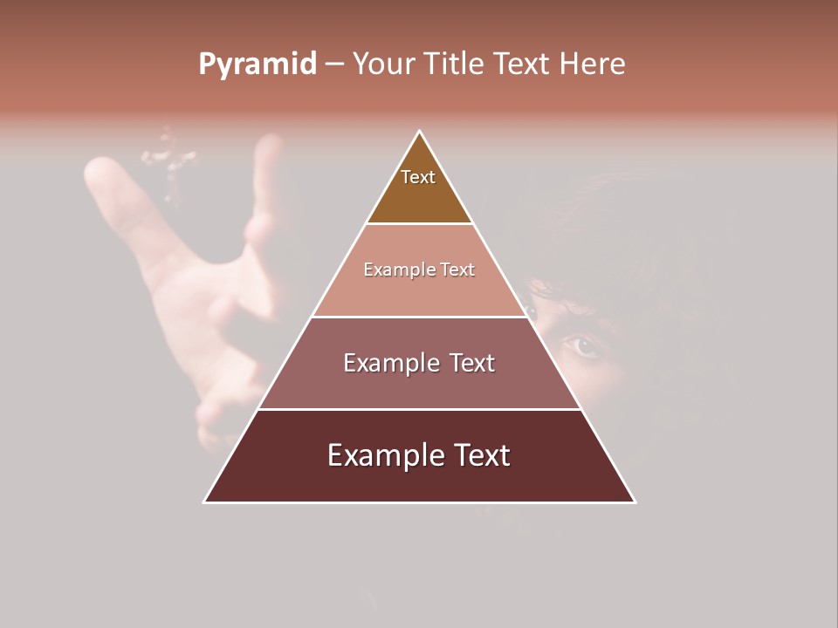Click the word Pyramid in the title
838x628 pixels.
(x=258, y=64)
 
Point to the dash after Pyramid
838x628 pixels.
(x=333, y=65)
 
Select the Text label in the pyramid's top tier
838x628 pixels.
(x=418, y=177)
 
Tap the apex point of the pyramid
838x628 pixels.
(x=420, y=132)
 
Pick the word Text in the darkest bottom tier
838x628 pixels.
(x=480, y=455)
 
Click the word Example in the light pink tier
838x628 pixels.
(x=391, y=270)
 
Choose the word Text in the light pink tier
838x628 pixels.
(x=458, y=270)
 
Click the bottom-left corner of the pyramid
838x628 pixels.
(x=205, y=502)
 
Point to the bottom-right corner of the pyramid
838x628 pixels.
(x=635, y=502)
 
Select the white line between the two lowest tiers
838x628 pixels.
(x=419, y=409)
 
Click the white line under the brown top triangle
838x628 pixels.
(x=419, y=223)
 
